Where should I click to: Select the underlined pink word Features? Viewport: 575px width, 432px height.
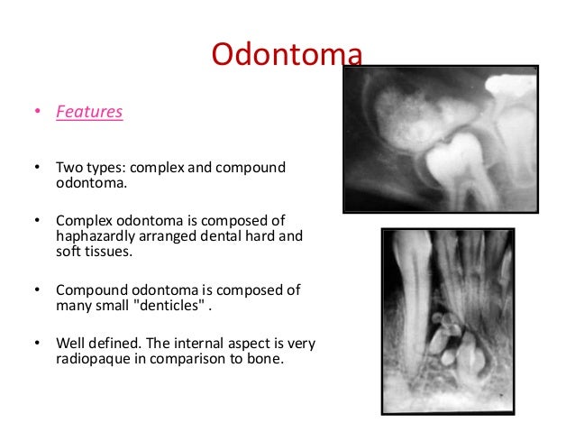(89, 113)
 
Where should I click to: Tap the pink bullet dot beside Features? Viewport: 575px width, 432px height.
(37, 114)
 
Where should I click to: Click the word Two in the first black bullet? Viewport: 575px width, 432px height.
(68, 168)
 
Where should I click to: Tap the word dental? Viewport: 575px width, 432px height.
(224, 236)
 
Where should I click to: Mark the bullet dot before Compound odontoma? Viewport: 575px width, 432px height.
(37, 290)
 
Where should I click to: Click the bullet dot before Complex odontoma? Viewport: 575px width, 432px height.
(37, 221)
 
